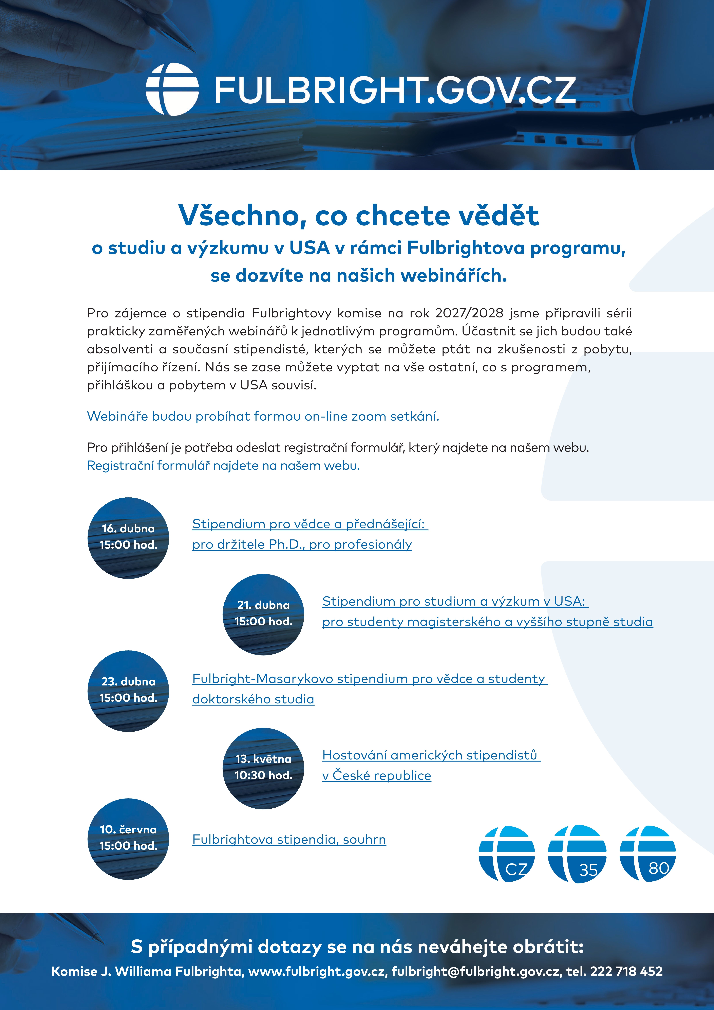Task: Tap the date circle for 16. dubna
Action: pos(128,538)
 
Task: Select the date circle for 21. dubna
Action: pos(264,614)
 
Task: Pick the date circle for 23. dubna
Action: pos(128,691)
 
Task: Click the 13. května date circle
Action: pos(264,768)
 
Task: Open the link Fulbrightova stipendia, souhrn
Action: pos(289,839)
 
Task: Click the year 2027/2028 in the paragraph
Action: pos(469,313)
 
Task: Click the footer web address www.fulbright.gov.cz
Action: pos(317,971)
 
